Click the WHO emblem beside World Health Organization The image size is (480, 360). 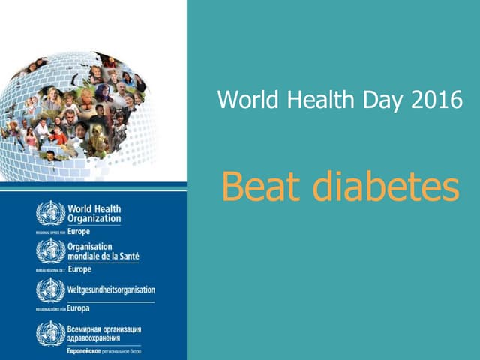click(51, 214)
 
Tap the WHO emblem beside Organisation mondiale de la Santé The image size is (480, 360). click(51, 250)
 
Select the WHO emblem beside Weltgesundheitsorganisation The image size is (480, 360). click(51, 289)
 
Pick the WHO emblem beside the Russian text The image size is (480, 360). click(51, 333)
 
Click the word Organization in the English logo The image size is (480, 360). click(94, 218)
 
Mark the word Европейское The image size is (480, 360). click(86, 350)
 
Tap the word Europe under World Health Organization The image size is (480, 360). click(79, 231)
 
